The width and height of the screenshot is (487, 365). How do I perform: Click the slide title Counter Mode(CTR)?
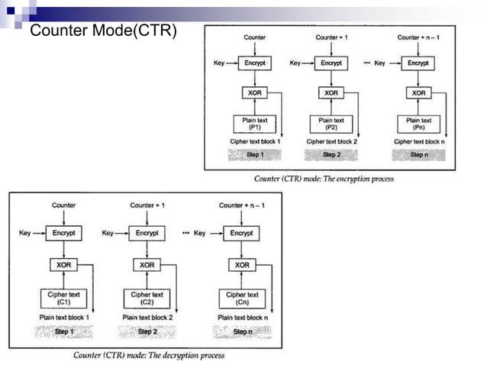103,31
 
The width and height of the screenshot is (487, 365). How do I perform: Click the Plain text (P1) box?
255,124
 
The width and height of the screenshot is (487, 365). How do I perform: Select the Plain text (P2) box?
331,124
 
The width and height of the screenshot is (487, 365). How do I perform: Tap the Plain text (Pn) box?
419,124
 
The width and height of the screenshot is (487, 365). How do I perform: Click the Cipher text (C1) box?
64,297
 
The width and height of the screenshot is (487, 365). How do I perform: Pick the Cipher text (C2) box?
147,297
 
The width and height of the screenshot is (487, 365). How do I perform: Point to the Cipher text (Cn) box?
242,297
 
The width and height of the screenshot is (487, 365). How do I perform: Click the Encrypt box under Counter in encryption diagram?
255,63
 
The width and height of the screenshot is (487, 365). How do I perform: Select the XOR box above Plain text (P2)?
331,93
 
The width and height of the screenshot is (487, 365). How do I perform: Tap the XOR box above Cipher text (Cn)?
242,265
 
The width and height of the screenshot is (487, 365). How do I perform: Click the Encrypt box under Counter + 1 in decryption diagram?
147,233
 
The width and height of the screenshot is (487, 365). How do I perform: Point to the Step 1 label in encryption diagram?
255,154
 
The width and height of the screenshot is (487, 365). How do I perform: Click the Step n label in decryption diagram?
242,331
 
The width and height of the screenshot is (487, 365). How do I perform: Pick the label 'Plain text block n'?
243,317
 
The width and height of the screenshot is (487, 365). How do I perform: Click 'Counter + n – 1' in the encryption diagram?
419,37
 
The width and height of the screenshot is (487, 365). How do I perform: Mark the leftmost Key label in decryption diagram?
25,233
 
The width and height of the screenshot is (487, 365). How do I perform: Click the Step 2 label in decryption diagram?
147,331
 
